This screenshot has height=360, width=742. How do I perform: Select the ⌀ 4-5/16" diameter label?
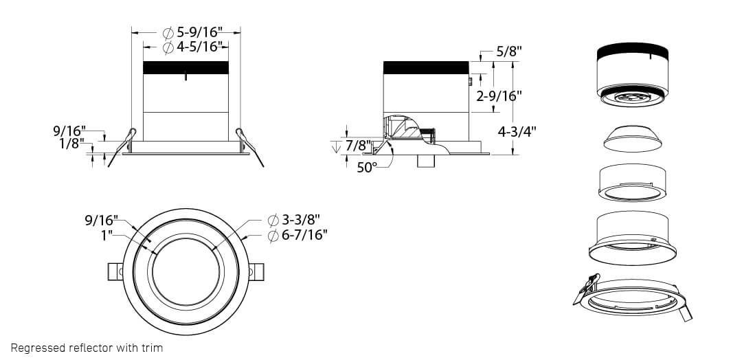coord(194,47)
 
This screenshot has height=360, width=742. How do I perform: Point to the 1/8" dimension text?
coord(72,143)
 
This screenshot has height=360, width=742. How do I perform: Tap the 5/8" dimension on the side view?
coord(509,52)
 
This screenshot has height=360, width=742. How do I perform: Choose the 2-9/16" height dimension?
coord(499,95)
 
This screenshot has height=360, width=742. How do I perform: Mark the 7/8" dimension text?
coord(358,146)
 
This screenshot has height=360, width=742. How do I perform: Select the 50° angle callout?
coord(367,167)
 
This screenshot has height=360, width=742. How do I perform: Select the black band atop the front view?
coord(185,68)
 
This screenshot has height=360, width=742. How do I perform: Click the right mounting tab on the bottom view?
coord(256,271)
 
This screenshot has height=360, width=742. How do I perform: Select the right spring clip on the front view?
coord(249,145)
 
